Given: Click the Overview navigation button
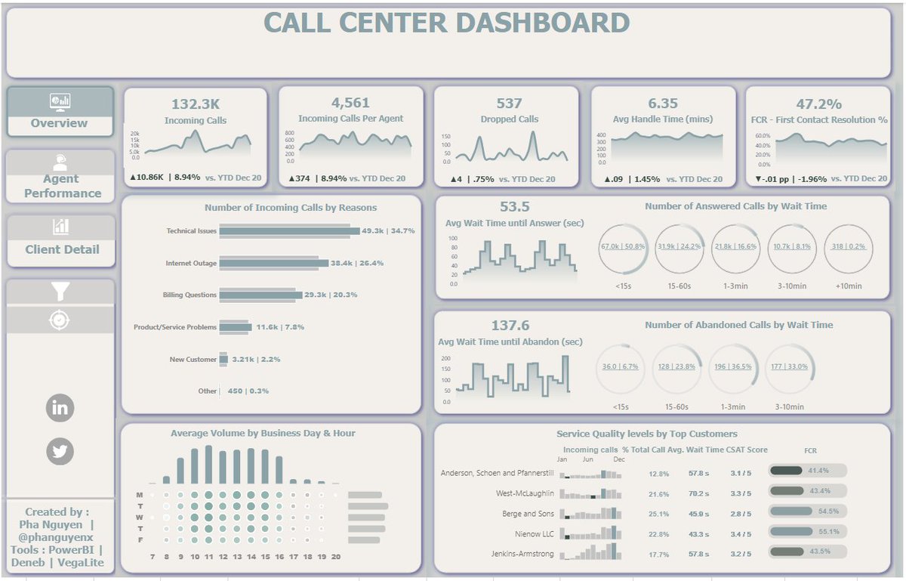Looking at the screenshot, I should point(60,112).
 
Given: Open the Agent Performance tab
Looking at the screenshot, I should point(61,178).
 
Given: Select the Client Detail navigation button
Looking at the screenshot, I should point(61,240).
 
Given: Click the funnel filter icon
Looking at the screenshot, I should point(60,292).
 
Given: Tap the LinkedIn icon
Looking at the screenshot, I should point(60,409).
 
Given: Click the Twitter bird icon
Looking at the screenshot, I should point(60,451).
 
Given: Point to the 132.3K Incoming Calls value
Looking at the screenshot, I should point(196,104).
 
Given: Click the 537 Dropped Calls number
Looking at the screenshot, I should point(509,104).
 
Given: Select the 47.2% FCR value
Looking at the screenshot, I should point(818,104).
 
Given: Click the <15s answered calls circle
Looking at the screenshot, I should point(623,248).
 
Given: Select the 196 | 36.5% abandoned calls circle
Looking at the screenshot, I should point(733,367).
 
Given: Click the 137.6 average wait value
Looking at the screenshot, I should point(510,325).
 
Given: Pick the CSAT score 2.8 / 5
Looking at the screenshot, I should point(741,514).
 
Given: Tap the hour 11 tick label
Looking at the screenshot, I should point(209,557).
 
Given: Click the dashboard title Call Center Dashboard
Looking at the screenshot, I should point(447,23).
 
